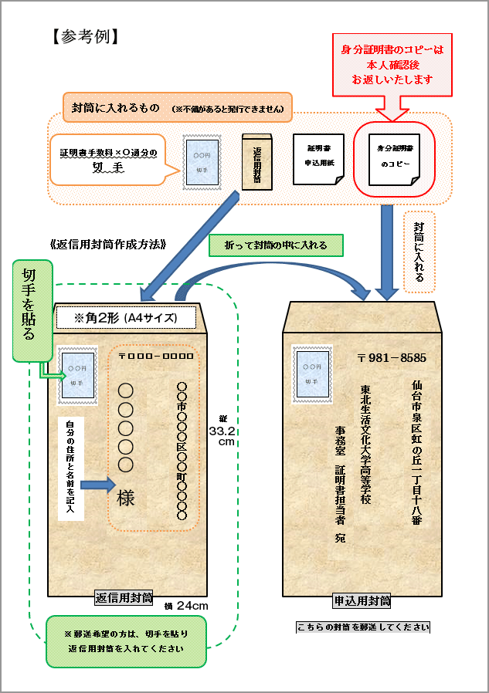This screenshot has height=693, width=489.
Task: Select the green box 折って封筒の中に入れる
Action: pyautogui.click(x=276, y=245)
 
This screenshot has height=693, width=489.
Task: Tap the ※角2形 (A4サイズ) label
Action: pyautogui.click(x=126, y=317)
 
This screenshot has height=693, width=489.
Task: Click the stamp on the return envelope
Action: pyautogui.click(x=77, y=374)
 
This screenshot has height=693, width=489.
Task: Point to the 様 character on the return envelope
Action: pyautogui.click(x=125, y=499)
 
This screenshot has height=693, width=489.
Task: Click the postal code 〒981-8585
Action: pyautogui.click(x=392, y=358)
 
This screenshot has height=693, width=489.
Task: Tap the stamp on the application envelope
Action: pyautogui.click(x=310, y=374)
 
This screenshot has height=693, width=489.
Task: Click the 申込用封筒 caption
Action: pyautogui.click(x=362, y=600)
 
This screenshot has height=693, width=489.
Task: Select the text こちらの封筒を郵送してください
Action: pyautogui.click(x=363, y=627)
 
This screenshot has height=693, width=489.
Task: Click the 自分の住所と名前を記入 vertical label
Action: pyautogui.click(x=70, y=466)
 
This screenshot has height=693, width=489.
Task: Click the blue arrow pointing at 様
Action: pyautogui.click(x=97, y=485)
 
